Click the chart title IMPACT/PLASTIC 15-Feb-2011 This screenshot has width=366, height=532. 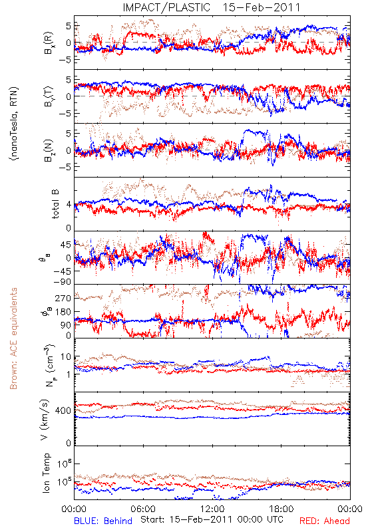tap(211, 7)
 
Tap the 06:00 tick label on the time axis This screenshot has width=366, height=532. tap(143, 509)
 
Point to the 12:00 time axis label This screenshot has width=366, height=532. tap(212, 509)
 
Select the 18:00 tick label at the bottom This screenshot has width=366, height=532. tap(281, 509)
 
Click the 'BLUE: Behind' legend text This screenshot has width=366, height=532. tap(103, 521)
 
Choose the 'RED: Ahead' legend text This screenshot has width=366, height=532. tap(324, 521)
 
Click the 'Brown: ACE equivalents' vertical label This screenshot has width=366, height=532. tap(13, 338)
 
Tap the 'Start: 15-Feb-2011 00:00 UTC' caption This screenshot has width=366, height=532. tap(212, 519)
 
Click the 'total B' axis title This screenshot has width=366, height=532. tap(55, 204)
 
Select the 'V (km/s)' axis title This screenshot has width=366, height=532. tap(45, 420)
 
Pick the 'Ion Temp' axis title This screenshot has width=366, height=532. tap(46, 473)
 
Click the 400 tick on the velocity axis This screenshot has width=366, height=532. tap(63, 411)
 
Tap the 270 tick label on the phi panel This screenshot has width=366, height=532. tap(63, 298)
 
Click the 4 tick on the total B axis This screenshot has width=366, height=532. tap(69, 205)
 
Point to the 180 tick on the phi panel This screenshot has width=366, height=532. tap(63, 312)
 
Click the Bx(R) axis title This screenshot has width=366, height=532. tap(49, 43)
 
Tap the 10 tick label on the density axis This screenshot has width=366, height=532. tap(66, 356)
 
